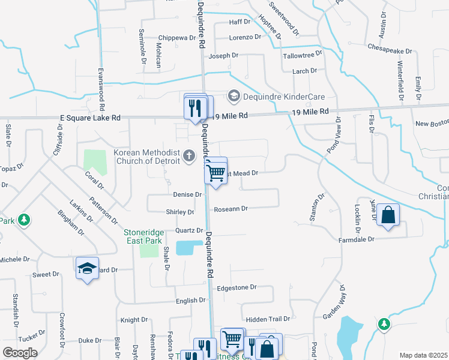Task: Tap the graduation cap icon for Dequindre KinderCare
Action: (x=234, y=96)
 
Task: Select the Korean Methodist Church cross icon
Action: (x=189, y=157)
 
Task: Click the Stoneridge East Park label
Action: (x=143, y=236)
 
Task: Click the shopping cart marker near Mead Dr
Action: (x=215, y=173)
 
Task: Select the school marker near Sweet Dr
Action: (x=87, y=268)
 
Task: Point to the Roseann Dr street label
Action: (x=231, y=209)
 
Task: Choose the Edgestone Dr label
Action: (x=237, y=288)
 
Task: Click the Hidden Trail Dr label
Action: (x=268, y=319)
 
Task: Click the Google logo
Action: (x=19, y=352)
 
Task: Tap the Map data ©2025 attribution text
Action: (x=423, y=355)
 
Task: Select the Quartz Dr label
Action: (x=189, y=230)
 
